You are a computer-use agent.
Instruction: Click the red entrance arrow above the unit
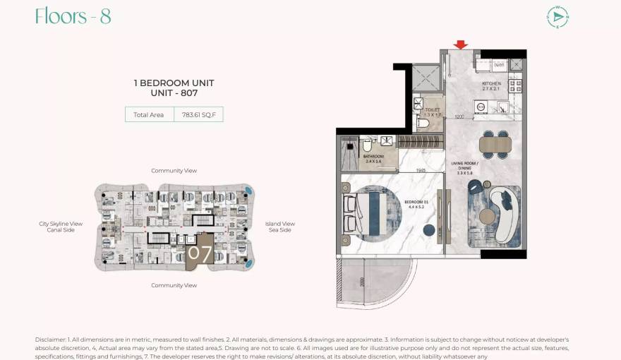click(x=461, y=45)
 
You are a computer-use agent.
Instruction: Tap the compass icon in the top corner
click(x=557, y=17)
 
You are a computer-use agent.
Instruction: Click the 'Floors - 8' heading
click(x=73, y=17)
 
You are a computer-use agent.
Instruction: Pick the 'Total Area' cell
click(x=149, y=114)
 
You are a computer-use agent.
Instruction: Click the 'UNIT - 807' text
click(x=174, y=93)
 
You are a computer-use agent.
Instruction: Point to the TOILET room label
click(x=433, y=111)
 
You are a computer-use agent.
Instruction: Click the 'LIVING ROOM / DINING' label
click(x=465, y=167)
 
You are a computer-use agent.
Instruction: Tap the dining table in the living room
click(x=493, y=145)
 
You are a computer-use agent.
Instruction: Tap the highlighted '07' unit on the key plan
click(x=199, y=253)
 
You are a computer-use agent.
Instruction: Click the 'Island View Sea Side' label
click(x=279, y=227)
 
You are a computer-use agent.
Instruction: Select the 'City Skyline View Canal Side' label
click(x=61, y=227)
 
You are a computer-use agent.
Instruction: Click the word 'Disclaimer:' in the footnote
click(x=51, y=340)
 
